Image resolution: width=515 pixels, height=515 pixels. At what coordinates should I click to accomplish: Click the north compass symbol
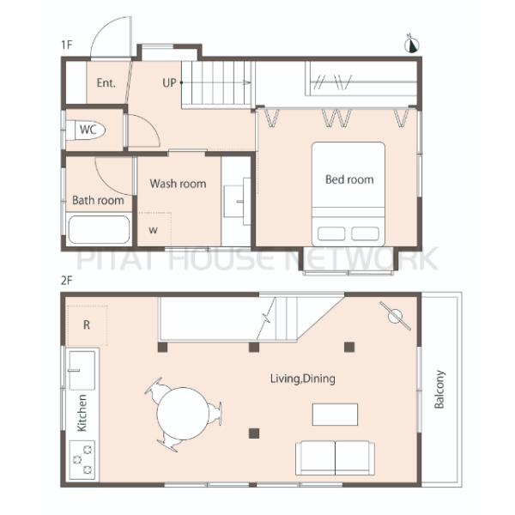point(413,44)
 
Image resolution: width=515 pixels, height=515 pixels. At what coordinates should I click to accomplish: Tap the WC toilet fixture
point(86,130)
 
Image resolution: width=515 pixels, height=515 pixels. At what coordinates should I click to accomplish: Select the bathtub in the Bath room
point(99,229)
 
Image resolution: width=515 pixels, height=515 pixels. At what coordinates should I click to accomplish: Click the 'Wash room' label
point(178,184)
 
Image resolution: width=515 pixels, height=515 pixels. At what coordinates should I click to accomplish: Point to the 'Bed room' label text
point(349,179)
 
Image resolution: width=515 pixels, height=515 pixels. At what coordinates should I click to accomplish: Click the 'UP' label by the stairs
point(169,82)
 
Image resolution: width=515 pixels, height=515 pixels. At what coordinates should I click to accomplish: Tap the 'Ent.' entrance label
point(106,82)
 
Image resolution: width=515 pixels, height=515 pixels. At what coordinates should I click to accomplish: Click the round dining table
point(183,414)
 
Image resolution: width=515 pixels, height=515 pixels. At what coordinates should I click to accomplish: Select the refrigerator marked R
point(87,325)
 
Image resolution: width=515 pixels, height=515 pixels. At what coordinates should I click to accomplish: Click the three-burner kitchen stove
point(82,459)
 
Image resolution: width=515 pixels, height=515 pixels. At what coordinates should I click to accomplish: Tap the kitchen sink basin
point(82,370)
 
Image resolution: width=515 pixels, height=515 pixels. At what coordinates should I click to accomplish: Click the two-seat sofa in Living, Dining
point(335,457)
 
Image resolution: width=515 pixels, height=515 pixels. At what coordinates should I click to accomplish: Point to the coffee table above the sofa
point(335,415)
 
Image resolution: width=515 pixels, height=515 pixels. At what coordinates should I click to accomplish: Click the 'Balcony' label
point(439,390)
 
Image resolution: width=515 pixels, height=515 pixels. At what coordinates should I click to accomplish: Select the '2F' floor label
point(66,281)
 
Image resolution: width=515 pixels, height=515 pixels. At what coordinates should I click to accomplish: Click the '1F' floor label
point(66,45)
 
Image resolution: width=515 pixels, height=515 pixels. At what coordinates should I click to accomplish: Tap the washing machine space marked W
point(154,229)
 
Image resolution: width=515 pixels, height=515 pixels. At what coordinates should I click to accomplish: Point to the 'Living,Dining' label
point(303,379)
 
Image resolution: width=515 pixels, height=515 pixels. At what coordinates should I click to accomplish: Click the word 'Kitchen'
point(82,413)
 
